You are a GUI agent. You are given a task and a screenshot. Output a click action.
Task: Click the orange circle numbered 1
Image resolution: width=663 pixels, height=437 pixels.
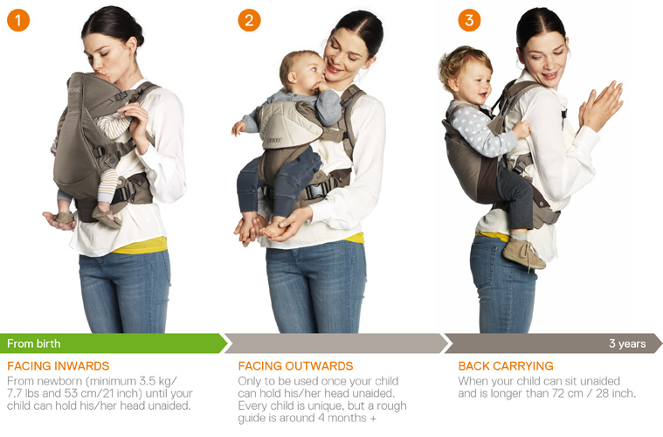pos(18,19)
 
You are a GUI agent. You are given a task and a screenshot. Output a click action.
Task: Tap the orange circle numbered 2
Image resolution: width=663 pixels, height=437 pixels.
pos(249,19)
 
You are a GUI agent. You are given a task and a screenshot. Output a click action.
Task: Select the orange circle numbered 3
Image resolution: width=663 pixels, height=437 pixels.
pos(469,19)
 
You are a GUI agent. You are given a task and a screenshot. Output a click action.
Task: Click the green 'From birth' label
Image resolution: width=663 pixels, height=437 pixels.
pos(34,343)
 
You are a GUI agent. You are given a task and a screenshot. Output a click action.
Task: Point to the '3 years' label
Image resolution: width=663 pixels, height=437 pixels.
pos(627,343)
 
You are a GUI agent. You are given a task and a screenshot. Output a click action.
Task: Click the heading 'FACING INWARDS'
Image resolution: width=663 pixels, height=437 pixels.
pos(59,366)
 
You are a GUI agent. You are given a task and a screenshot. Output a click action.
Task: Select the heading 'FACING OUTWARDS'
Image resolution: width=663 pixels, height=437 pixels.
pos(295,366)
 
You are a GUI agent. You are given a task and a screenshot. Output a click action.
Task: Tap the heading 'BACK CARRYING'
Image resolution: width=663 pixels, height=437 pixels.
pos(506,366)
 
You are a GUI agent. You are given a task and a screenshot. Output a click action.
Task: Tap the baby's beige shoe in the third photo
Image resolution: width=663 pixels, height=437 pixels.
pos(523,253)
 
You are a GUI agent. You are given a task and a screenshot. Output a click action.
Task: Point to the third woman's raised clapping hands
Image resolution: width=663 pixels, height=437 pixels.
pos(601,105)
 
